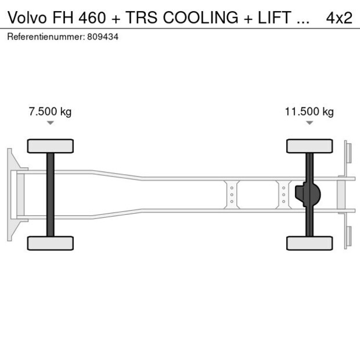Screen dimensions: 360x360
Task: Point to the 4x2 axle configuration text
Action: click(339, 17)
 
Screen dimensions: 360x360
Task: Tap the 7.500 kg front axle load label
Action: click(50, 112)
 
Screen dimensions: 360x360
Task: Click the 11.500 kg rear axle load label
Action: click(309, 112)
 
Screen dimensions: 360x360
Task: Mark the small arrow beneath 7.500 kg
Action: click(51, 123)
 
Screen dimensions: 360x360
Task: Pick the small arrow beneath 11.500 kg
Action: click(309, 123)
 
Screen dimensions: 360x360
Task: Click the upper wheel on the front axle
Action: click(51, 146)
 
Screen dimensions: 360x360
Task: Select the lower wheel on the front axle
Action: click(51, 243)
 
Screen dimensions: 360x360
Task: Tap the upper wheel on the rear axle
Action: click(309, 146)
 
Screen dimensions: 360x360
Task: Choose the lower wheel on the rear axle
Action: click(309, 243)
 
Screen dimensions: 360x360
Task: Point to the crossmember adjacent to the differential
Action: click(283, 195)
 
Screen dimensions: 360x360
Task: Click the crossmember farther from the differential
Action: click(232, 195)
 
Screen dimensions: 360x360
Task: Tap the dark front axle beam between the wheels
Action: click(51, 195)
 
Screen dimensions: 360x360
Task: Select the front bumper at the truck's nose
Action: click(10, 195)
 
